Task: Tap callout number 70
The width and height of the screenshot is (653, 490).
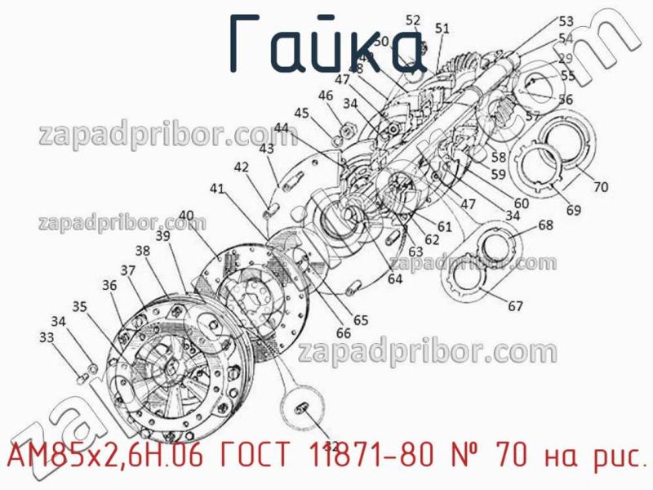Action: pyautogui.click(x=600, y=187)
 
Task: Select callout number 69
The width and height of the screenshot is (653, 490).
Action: pyautogui.click(x=574, y=211)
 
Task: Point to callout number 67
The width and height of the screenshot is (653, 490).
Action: pyautogui.click(x=515, y=307)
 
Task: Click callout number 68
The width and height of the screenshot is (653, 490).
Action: pyautogui.click(x=545, y=225)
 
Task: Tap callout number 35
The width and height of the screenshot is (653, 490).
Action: pyautogui.click(x=78, y=306)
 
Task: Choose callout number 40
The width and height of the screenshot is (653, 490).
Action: pyautogui.click(x=186, y=217)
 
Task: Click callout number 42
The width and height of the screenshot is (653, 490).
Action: pyautogui.click(x=241, y=167)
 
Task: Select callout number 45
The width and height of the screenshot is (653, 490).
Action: pyautogui.click(x=301, y=113)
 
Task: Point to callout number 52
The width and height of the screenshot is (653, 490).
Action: pyautogui.click(x=413, y=20)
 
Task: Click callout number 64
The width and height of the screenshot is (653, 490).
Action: pyautogui.click(x=395, y=279)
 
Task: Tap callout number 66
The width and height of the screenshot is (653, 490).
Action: pyautogui.click(x=343, y=332)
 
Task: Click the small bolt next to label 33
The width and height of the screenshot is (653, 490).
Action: pyautogui.click(x=82, y=376)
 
